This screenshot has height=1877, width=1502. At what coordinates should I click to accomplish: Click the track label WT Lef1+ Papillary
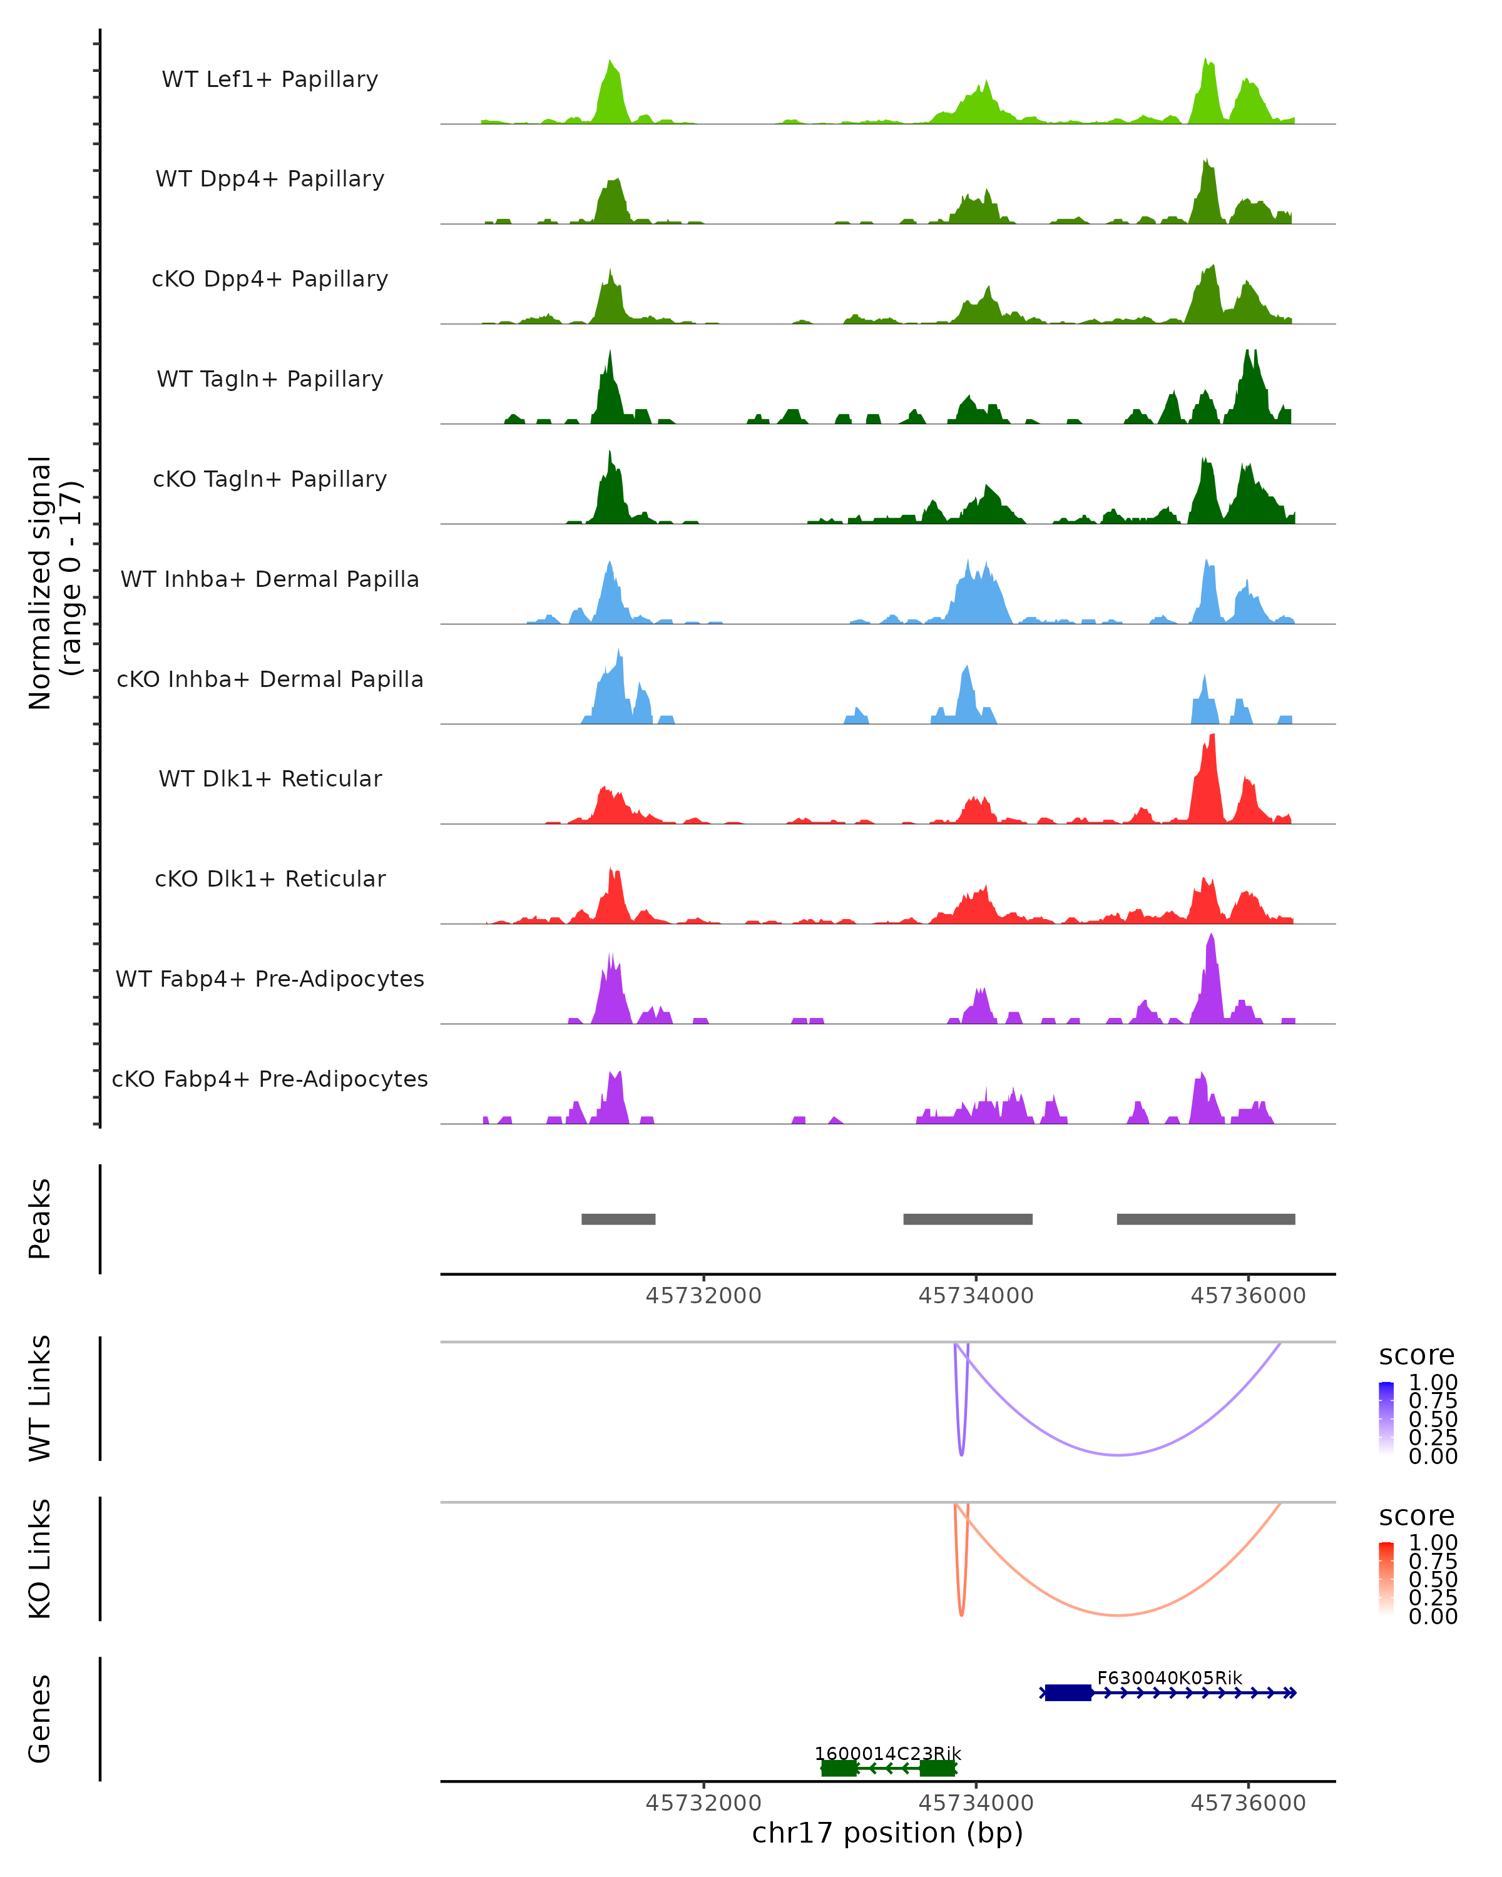(270, 79)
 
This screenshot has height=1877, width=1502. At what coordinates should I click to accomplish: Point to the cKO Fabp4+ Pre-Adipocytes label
(270, 1079)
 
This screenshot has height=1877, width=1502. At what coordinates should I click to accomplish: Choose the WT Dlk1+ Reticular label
(270, 778)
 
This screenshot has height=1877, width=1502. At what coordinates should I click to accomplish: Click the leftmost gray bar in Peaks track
(618, 1219)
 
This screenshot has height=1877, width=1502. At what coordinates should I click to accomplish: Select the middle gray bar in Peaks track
(968, 1219)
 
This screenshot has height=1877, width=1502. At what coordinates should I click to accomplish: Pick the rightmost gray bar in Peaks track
(1206, 1219)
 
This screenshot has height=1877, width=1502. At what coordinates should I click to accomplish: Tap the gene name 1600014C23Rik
(887, 1753)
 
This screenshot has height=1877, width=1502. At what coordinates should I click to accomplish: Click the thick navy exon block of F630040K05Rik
(1068, 1692)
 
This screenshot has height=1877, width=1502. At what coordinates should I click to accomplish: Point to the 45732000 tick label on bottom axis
(703, 1803)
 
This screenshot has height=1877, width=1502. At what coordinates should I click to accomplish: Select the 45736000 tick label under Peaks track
(1248, 1296)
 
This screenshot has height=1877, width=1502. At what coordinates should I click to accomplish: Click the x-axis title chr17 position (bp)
(887, 1833)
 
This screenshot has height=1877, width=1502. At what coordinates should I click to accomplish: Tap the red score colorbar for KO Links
(1387, 1579)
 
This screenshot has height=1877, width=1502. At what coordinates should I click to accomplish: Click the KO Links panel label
(40, 1559)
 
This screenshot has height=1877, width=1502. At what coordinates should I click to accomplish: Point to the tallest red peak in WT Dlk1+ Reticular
(1211, 740)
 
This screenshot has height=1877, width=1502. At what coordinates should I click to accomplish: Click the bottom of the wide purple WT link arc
(1119, 1455)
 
